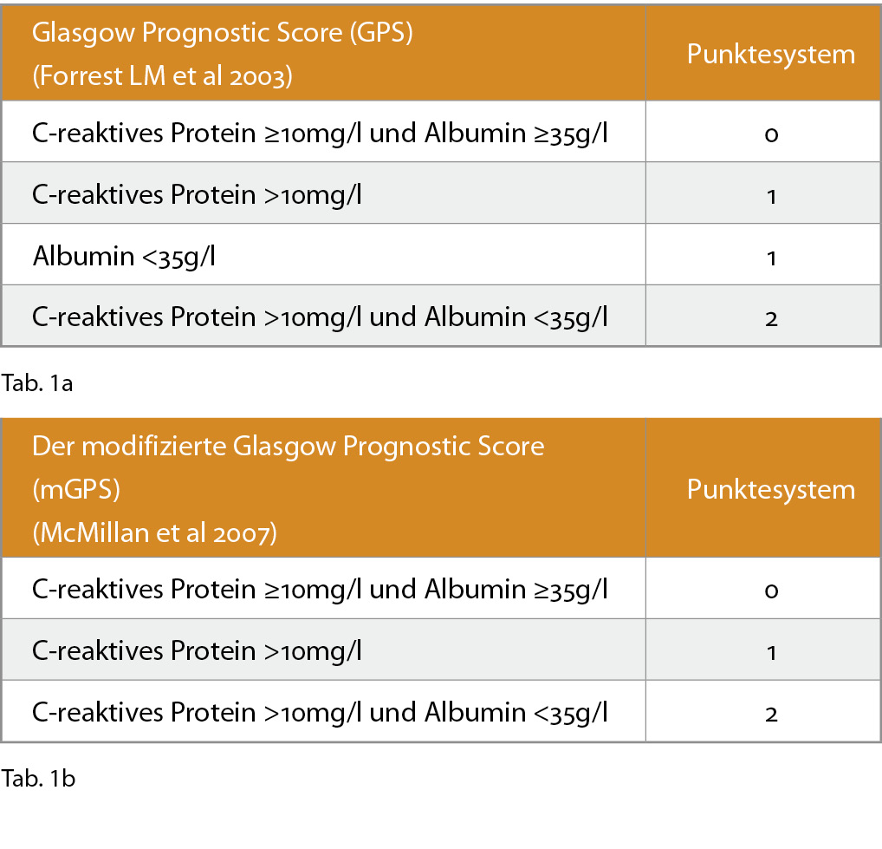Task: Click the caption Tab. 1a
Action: pyautogui.click(x=37, y=383)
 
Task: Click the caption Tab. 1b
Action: pyautogui.click(x=38, y=779)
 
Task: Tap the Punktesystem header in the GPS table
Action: pyautogui.click(x=770, y=56)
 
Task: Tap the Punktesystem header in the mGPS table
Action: pyautogui.click(x=770, y=490)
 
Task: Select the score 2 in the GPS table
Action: pyautogui.click(x=771, y=319)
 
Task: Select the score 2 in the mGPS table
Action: pyautogui.click(x=771, y=715)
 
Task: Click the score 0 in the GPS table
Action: pyautogui.click(x=771, y=134)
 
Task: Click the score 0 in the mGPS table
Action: pyautogui.click(x=771, y=591)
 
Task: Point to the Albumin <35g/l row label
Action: pyautogui.click(x=124, y=258)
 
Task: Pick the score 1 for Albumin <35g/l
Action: pyautogui.click(x=771, y=258)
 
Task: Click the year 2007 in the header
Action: pyautogui.click(x=244, y=533)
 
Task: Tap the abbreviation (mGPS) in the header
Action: pyautogui.click(x=76, y=490)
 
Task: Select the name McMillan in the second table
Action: pyautogui.click(x=94, y=532)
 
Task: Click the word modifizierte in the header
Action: pyautogui.click(x=153, y=447)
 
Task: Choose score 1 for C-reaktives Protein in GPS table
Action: pyautogui.click(x=771, y=197)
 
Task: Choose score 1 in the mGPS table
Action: pyautogui.click(x=771, y=652)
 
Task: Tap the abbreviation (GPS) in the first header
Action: pyautogui.click(x=381, y=33)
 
